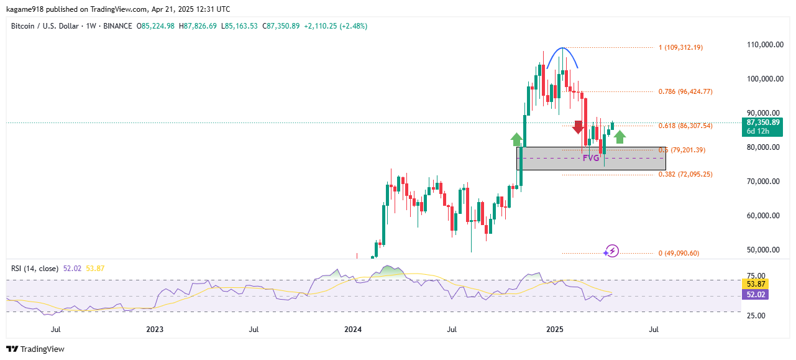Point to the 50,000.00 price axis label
pos(764,250)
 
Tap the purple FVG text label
pos(590,158)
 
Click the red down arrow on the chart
pos(578,127)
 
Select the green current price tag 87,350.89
pos(762,126)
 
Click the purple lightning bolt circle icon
pos(612,251)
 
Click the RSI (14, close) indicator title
pos(35,269)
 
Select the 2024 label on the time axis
pos(353,329)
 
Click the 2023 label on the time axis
pos(154,329)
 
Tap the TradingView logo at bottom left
pos(35,349)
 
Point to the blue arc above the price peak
pos(562,49)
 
